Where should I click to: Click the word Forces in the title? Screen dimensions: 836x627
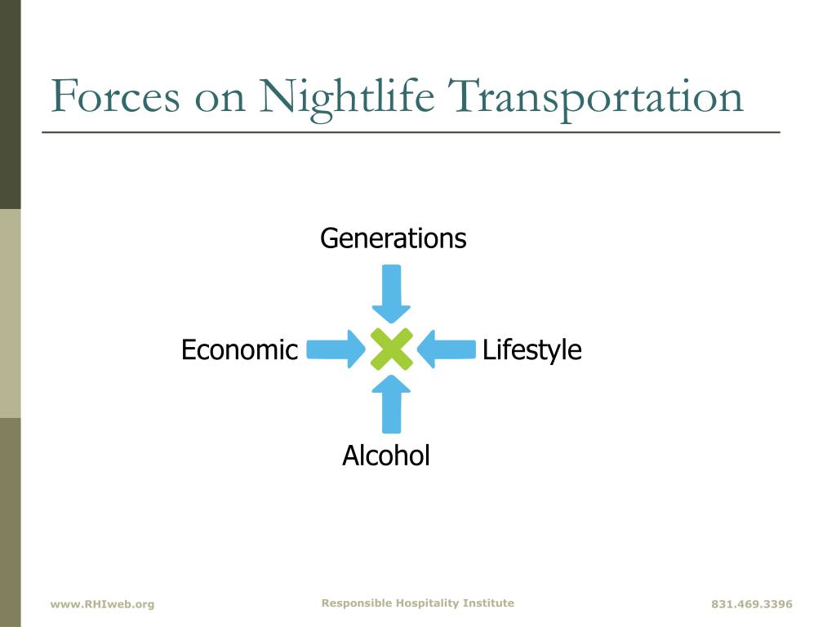coord(115,96)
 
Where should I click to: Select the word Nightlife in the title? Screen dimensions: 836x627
coord(346,100)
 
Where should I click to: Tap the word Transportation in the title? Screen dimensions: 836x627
coord(595,100)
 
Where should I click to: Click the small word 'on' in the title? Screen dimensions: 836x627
coord(220,100)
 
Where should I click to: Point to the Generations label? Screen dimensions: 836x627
coord(394,238)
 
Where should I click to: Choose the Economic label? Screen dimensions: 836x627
coord(239,349)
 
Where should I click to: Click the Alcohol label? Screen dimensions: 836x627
coord(386,456)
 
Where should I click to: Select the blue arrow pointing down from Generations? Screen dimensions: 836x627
coord(391,294)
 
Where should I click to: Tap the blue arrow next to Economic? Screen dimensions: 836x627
coord(336,349)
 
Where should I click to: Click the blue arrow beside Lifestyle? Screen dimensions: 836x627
coord(447,349)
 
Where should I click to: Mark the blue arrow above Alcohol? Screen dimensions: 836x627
coord(391,404)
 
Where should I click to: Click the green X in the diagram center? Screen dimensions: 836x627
coord(391,349)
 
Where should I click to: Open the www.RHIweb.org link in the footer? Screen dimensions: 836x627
coord(102,604)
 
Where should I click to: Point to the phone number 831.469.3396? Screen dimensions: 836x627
coord(752,604)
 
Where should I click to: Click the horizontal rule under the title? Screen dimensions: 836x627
coord(411,131)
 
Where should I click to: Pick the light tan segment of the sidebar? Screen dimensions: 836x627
coord(10,313)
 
